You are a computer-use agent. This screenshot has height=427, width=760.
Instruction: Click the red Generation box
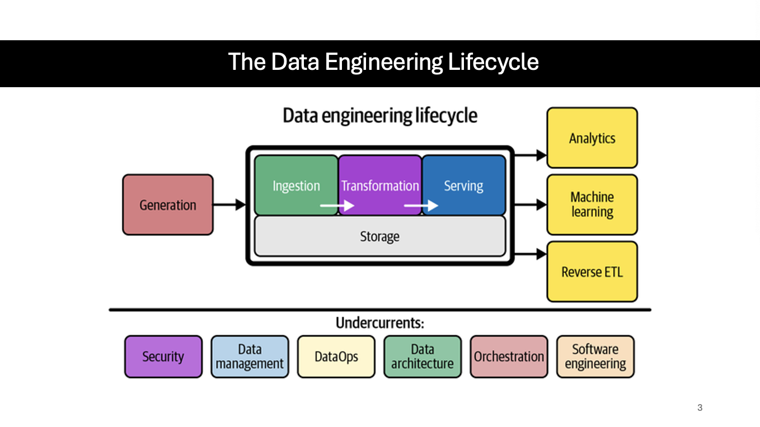(x=168, y=205)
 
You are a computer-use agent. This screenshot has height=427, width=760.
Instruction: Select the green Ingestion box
(x=296, y=185)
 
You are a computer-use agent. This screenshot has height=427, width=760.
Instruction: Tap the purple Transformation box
(x=380, y=185)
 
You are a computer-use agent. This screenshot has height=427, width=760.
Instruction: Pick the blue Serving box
(x=463, y=185)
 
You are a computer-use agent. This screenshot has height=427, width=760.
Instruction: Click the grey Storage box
(x=379, y=236)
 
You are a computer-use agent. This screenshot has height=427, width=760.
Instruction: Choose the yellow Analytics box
(x=592, y=138)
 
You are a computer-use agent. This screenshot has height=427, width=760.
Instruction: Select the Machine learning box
(x=592, y=205)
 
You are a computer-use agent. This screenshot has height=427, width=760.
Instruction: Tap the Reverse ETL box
(x=592, y=272)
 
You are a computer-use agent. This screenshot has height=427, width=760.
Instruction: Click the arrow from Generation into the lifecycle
(x=230, y=205)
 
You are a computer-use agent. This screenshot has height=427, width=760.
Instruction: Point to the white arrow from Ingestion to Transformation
(x=337, y=206)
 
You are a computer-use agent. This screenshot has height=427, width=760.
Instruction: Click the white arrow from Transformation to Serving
(x=421, y=206)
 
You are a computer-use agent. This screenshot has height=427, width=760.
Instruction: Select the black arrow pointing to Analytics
(x=531, y=155)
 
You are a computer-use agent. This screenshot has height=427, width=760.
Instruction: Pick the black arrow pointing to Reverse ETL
(x=531, y=254)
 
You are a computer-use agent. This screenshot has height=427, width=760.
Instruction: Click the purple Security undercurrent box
(x=163, y=357)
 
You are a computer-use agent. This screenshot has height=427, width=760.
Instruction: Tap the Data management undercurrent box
(x=250, y=357)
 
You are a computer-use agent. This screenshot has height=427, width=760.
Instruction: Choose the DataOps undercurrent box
(x=336, y=357)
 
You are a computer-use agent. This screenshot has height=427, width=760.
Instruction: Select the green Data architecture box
(x=423, y=357)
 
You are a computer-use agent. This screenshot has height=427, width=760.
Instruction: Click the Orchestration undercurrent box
(x=509, y=357)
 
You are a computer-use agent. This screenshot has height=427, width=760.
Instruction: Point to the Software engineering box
(x=595, y=357)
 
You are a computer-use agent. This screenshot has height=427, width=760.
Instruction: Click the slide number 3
(x=700, y=407)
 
